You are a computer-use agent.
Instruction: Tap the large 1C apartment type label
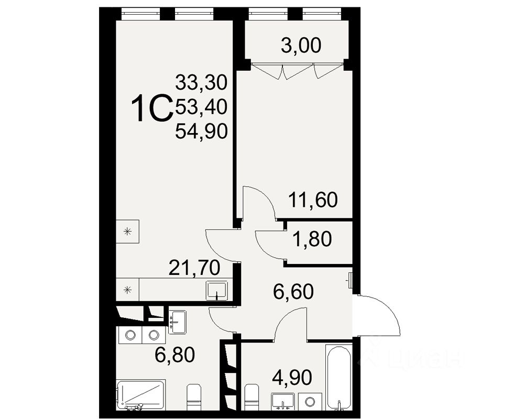pyautogui.click(x=151, y=108)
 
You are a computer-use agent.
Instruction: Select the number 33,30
pyautogui.click(x=201, y=82)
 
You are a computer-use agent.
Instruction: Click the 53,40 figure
pyautogui.click(x=201, y=107)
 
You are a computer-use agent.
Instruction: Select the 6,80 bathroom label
pyautogui.click(x=174, y=355)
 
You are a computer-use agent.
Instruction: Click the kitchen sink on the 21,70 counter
pyautogui.click(x=217, y=290)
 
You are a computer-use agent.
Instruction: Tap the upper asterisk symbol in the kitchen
pyautogui.click(x=127, y=231)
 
